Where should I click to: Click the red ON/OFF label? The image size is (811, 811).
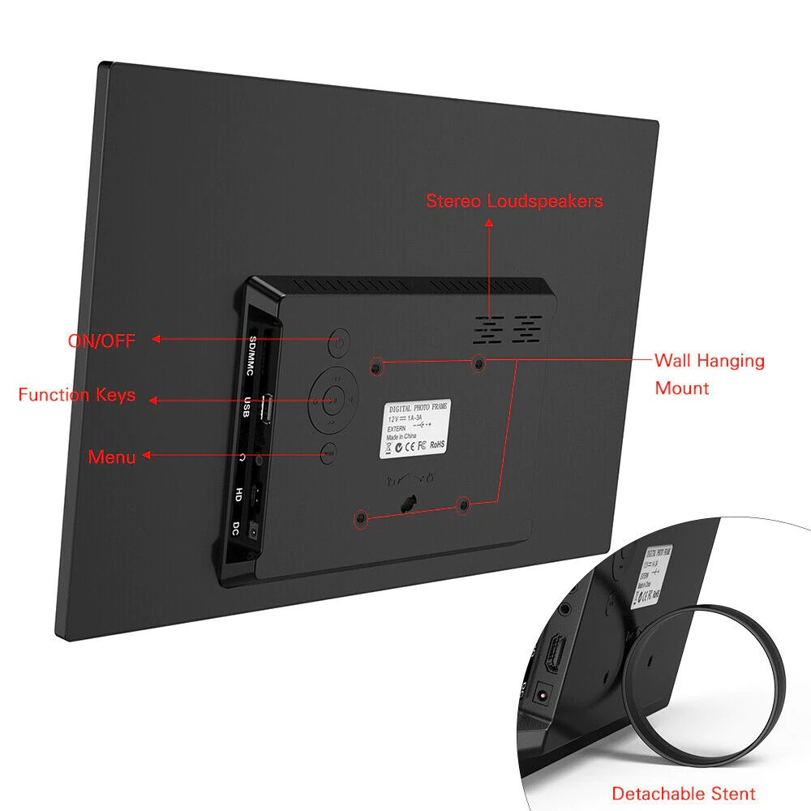[x=101, y=341]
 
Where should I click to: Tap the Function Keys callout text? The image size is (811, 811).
[x=77, y=395]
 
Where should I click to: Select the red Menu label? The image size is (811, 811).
[x=112, y=457]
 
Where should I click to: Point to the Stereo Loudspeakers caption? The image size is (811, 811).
[x=514, y=200]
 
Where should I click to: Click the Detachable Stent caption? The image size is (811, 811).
[x=683, y=793]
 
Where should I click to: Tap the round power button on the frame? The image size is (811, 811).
[x=339, y=343]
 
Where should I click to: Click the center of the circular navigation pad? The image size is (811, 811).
[x=332, y=398]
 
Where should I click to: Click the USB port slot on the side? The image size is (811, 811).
[x=264, y=410]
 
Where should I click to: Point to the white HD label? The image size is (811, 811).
[x=238, y=494]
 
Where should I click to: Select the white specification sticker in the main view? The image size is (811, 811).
[x=414, y=430]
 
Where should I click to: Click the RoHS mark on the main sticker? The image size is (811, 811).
[x=437, y=444]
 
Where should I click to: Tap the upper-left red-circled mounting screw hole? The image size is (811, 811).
[x=375, y=367]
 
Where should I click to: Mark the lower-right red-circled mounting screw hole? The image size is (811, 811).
[x=463, y=505]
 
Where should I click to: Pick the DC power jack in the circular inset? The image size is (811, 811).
[x=543, y=695]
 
